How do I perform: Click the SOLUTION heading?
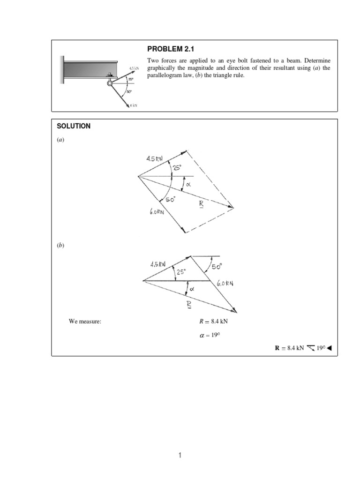(74, 126)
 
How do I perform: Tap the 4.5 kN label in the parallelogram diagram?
(154, 158)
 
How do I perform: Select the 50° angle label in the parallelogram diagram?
(169, 200)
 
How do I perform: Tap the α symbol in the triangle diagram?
(192, 289)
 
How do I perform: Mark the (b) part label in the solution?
(60, 246)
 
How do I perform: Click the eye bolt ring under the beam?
(109, 83)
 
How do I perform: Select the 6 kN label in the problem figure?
(133, 105)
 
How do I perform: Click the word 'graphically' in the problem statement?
(163, 68)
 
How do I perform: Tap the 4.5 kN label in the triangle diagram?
(158, 264)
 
